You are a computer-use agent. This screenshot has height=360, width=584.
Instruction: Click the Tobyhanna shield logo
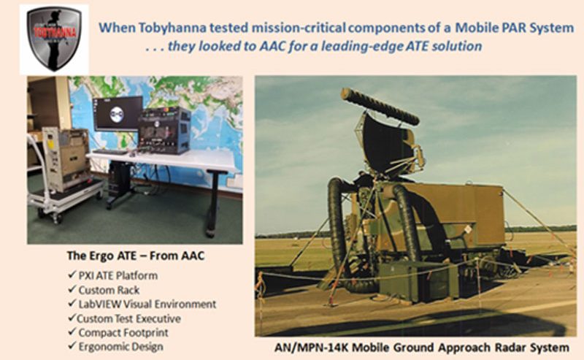54,39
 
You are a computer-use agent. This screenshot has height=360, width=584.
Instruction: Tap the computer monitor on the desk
118,114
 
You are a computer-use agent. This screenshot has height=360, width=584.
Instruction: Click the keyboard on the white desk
111,152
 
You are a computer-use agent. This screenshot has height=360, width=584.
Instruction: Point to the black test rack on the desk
164,131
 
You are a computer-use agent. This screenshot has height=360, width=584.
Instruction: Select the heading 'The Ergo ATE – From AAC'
136,256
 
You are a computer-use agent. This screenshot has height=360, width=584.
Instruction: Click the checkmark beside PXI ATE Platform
72,275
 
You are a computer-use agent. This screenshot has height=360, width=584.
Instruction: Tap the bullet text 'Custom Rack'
109,290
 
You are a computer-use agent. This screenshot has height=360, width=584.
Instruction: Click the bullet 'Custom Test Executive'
129,318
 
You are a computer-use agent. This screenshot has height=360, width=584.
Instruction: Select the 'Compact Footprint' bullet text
123,332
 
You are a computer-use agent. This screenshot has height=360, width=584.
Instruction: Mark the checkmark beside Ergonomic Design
72,346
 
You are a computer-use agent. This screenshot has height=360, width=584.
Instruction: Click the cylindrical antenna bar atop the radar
380,106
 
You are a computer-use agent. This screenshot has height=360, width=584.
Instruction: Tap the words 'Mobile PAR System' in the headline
515,28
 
